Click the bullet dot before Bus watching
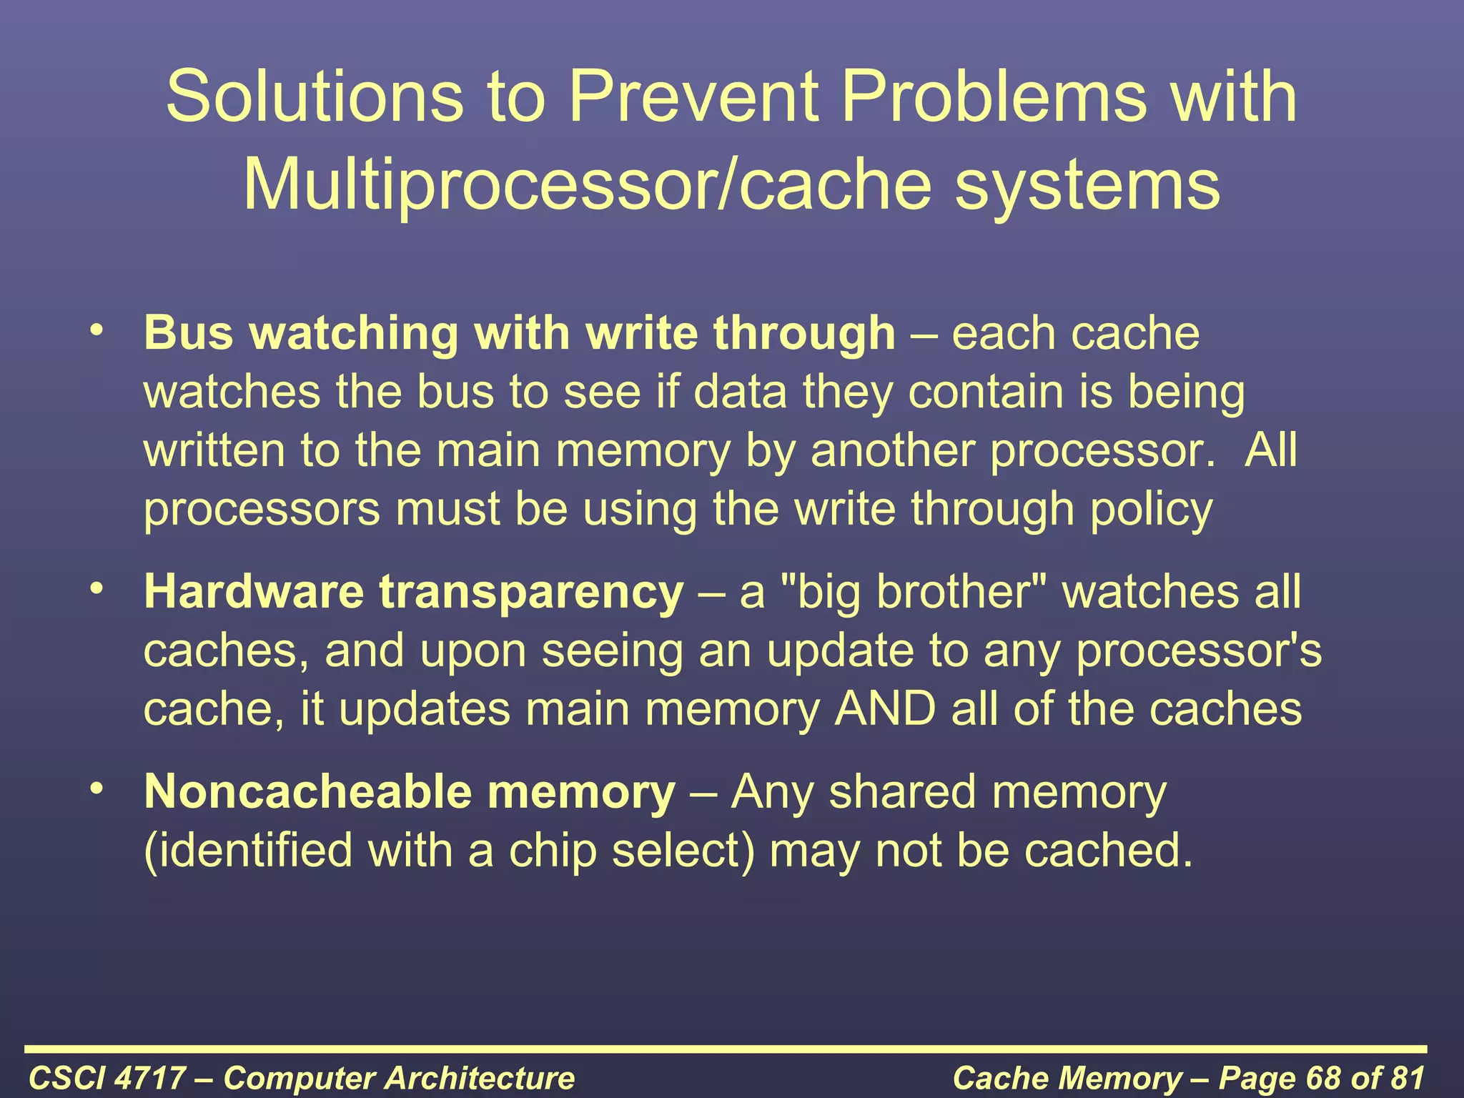pos(97,330)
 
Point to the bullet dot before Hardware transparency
pos(97,589)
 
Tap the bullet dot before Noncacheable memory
pos(97,789)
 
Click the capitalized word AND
pos(885,709)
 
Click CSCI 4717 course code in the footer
pos(107,1078)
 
